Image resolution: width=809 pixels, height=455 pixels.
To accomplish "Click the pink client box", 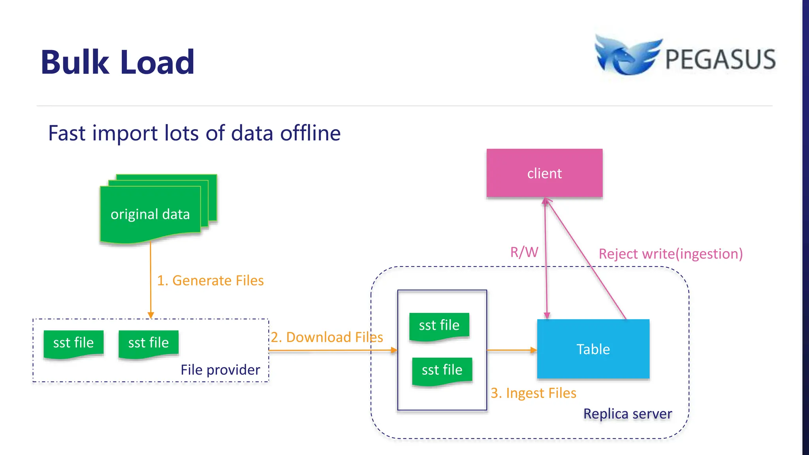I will click(x=544, y=173).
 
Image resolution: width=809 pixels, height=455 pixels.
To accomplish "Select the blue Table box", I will click(x=593, y=349).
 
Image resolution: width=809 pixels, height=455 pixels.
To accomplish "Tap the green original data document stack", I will click(x=151, y=214).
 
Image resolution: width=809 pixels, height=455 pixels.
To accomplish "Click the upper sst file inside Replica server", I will click(x=439, y=325).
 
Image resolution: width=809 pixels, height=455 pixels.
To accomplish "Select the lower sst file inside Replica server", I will click(x=442, y=370).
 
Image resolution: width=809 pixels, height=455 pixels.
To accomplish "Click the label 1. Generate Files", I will click(x=210, y=280).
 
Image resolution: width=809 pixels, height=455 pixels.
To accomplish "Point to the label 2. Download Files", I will click(x=327, y=337).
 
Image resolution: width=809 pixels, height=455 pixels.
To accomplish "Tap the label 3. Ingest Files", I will click(x=533, y=393).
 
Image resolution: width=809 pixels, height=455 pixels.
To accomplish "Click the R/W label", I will click(x=524, y=252).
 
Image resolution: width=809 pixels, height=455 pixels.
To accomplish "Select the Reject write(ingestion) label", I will click(x=670, y=254).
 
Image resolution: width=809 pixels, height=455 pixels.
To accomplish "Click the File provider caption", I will click(x=220, y=370).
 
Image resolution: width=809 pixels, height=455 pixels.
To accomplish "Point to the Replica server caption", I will click(x=627, y=414).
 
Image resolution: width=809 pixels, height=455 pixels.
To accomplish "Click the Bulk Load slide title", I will click(x=118, y=62).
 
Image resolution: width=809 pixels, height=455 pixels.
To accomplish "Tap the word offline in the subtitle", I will click(x=310, y=133).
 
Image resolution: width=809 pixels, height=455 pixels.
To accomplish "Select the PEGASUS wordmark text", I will click(x=720, y=60).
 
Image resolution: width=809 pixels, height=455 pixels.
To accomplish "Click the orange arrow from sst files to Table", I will click(x=512, y=350).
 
